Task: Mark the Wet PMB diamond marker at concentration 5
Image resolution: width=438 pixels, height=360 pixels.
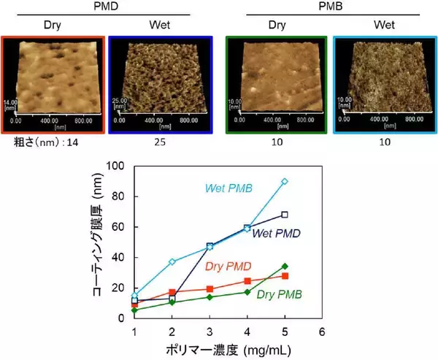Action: pos(285,181)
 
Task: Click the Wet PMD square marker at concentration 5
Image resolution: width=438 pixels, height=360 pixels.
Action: pos(285,215)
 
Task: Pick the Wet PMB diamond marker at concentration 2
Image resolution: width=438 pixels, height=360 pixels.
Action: pos(172,261)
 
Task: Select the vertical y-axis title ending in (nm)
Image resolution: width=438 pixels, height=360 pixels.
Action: pos(95,241)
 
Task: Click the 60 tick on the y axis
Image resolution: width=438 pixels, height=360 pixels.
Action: pos(121,227)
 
